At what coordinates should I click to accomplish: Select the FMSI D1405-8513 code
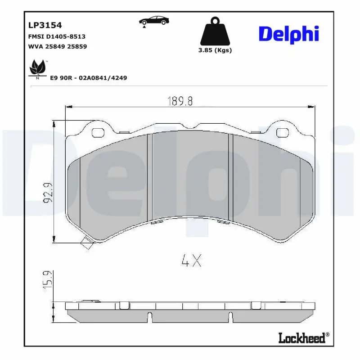click(57, 36)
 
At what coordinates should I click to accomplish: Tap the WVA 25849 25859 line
click(57, 46)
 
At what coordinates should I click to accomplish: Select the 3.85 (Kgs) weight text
click(215, 50)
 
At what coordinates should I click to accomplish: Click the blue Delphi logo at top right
click(288, 34)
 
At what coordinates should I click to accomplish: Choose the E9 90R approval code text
click(88, 78)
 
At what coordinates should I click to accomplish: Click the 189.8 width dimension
click(180, 101)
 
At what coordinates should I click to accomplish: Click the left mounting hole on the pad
click(98, 132)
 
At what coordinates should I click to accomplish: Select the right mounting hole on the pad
click(282, 132)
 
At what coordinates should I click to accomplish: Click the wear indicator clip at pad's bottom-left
click(85, 244)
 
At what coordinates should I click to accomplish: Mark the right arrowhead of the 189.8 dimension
click(312, 107)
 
